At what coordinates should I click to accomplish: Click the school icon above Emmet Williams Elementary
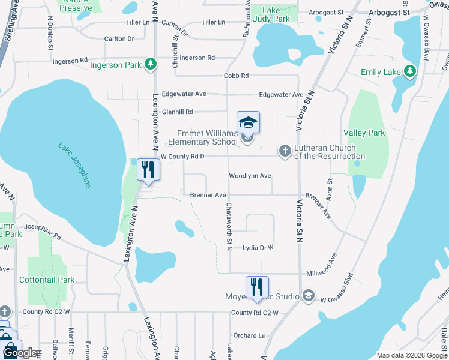point(248,123)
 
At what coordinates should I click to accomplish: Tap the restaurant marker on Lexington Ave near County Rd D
point(148,170)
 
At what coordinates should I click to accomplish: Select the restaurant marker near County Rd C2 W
point(257,287)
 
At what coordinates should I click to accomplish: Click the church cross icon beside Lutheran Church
point(285,152)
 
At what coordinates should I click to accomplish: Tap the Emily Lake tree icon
point(410,72)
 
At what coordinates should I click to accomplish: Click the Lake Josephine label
point(75,165)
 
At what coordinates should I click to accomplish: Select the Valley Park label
point(364,132)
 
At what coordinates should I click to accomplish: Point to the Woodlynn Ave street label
point(250,176)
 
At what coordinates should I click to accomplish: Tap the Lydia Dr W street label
point(258,247)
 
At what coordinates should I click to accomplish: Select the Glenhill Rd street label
point(177,112)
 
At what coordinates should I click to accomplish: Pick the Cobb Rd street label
point(236,76)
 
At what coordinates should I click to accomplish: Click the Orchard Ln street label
point(249,335)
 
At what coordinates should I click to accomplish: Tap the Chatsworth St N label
point(229,226)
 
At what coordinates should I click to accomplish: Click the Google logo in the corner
point(20,353)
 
